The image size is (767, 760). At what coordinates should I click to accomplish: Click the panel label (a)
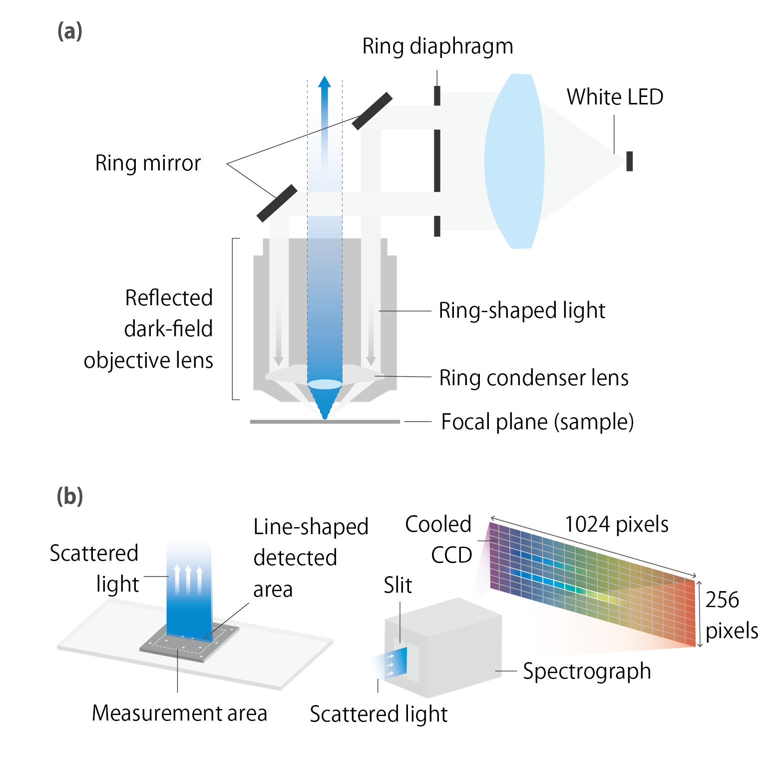tap(69, 31)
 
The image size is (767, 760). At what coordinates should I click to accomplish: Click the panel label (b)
tap(69, 496)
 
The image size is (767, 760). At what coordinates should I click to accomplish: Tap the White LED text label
tap(615, 97)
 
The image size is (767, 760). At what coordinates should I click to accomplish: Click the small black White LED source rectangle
tap(630, 161)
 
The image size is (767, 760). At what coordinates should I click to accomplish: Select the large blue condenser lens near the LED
tap(514, 161)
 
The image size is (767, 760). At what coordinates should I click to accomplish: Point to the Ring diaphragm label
tap(437, 46)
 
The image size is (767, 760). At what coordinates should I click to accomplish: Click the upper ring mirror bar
tap(372, 111)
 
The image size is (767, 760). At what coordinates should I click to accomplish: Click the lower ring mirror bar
tap(277, 203)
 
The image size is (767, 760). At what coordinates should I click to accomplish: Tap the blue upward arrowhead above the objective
tap(325, 82)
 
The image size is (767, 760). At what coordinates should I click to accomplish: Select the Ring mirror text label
tap(148, 163)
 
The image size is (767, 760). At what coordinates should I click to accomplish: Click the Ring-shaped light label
tap(521, 310)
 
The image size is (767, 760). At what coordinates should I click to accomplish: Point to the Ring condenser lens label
tap(533, 378)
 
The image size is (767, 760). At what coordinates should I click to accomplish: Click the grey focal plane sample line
tap(325, 422)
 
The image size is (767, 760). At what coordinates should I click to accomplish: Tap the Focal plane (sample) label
tap(537, 422)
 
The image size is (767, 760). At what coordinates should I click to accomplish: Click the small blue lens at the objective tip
tap(325, 384)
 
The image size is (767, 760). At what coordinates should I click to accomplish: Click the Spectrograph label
tap(587, 671)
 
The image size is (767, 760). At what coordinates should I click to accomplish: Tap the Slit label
tap(398, 585)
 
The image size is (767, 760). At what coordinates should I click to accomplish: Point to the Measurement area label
tap(179, 713)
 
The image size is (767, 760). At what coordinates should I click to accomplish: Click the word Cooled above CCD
tap(438, 524)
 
